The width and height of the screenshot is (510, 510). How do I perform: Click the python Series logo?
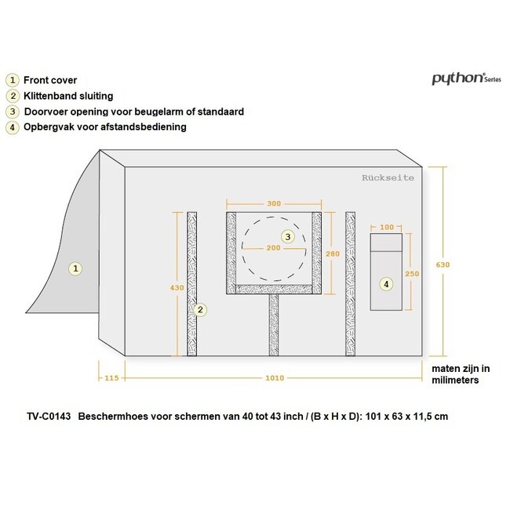(466, 78)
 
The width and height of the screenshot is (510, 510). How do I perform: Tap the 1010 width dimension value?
(275, 378)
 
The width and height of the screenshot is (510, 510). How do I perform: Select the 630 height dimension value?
(443, 264)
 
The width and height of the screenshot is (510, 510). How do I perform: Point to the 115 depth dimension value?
(111, 378)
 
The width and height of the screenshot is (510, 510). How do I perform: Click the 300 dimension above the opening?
(274, 204)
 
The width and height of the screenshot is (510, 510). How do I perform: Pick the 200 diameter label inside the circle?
(274, 248)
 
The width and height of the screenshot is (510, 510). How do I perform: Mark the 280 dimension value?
(333, 253)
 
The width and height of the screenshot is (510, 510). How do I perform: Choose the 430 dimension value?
(177, 288)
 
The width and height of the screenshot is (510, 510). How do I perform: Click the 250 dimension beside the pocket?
(412, 274)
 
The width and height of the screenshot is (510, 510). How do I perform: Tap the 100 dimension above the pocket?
(387, 227)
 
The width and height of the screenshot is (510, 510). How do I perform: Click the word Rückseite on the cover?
(388, 178)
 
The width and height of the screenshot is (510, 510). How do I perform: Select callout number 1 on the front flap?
(75, 268)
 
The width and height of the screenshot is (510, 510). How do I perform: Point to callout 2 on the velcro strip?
(200, 310)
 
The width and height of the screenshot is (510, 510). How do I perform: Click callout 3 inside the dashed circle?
(288, 236)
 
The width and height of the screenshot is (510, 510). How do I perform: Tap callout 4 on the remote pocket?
(386, 284)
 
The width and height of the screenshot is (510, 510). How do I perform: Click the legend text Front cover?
(50, 80)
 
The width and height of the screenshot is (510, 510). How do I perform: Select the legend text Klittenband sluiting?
(68, 96)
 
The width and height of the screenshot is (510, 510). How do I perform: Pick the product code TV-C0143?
(49, 417)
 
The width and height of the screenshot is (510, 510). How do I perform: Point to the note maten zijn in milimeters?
(461, 374)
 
